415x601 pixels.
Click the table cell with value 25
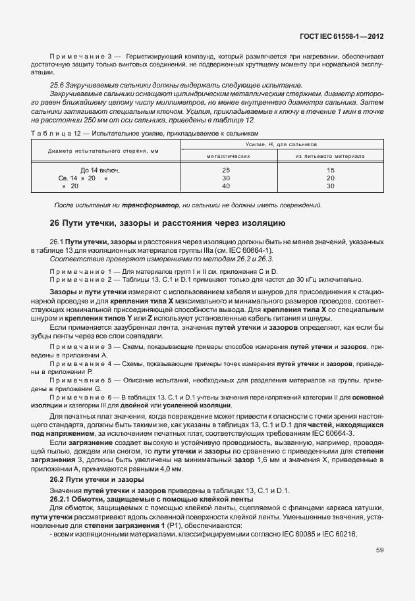(x=227, y=170)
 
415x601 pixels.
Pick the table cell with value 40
(x=227, y=186)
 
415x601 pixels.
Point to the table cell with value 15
(x=331, y=170)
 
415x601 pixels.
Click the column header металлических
(x=227, y=157)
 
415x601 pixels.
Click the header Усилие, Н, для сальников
(x=279, y=143)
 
